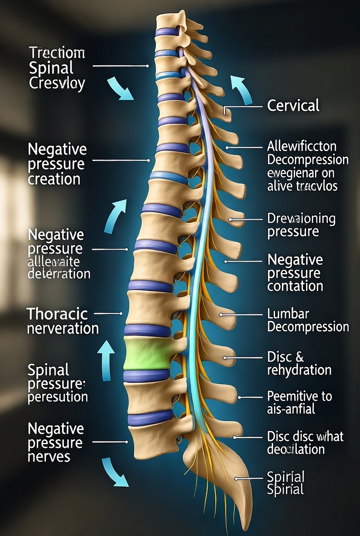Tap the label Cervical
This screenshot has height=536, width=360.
pyautogui.click(x=293, y=106)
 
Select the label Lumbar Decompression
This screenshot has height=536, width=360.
pyautogui.click(x=308, y=320)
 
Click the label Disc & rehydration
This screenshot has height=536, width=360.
pyautogui.click(x=299, y=363)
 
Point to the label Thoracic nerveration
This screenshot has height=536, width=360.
pyautogui.click(x=62, y=321)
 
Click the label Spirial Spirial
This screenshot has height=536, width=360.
pyautogui.click(x=286, y=483)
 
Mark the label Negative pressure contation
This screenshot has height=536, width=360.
pyautogui.click(x=295, y=273)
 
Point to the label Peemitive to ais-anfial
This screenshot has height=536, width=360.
pyautogui.click(x=299, y=402)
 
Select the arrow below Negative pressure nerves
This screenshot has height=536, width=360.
pyautogui.click(x=114, y=472)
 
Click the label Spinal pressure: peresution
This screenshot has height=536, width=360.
pyautogui.click(x=57, y=383)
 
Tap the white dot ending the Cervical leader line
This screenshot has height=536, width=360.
pyautogui.click(x=225, y=111)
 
